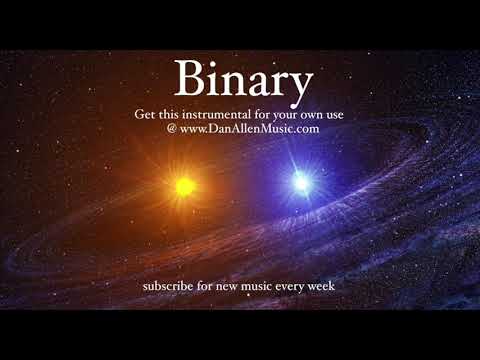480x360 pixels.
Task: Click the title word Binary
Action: (243, 78)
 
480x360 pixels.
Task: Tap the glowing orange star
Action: (184, 185)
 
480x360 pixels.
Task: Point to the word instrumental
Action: (220, 114)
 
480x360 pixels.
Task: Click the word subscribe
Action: (170, 287)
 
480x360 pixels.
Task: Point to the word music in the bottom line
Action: (260, 287)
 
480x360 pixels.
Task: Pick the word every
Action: (294, 287)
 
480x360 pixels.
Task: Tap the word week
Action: (325, 287)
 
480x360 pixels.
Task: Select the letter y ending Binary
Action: (299, 82)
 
